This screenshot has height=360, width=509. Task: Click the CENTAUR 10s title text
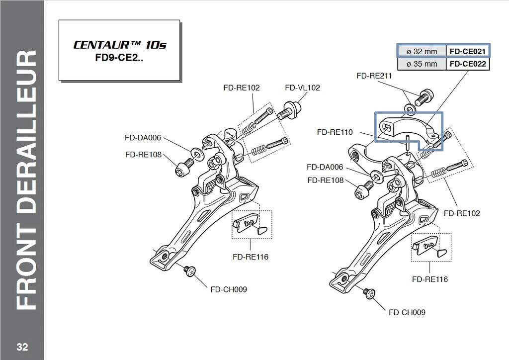[x=119, y=44]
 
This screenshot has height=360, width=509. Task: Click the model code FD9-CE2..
[x=119, y=58]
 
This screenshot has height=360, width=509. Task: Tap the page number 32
[x=22, y=347]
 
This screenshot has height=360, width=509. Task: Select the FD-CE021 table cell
[x=467, y=51]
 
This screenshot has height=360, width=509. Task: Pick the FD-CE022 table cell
[x=467, y=64]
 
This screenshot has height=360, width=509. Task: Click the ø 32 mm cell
[x=422, y=51]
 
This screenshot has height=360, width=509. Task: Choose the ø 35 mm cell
[x=422, y=64]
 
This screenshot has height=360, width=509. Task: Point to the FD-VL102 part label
[x=302, y=88]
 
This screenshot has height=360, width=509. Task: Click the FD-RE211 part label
[x=374, y=76]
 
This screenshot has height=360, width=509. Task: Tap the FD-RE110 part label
[x=335, y=132]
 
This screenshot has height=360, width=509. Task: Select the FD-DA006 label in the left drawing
[x=143, y=138]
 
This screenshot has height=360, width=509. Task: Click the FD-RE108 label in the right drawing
[x=325, y=180]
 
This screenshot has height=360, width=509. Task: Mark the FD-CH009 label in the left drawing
[x=229, y=289]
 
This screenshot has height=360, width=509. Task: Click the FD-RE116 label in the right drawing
[x=430, y=279]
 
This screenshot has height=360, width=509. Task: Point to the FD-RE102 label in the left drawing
[x=242, y=88]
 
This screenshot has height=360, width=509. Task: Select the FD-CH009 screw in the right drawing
[x=370, y=293]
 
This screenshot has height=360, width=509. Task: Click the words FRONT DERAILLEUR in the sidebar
[x=26, y=180]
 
